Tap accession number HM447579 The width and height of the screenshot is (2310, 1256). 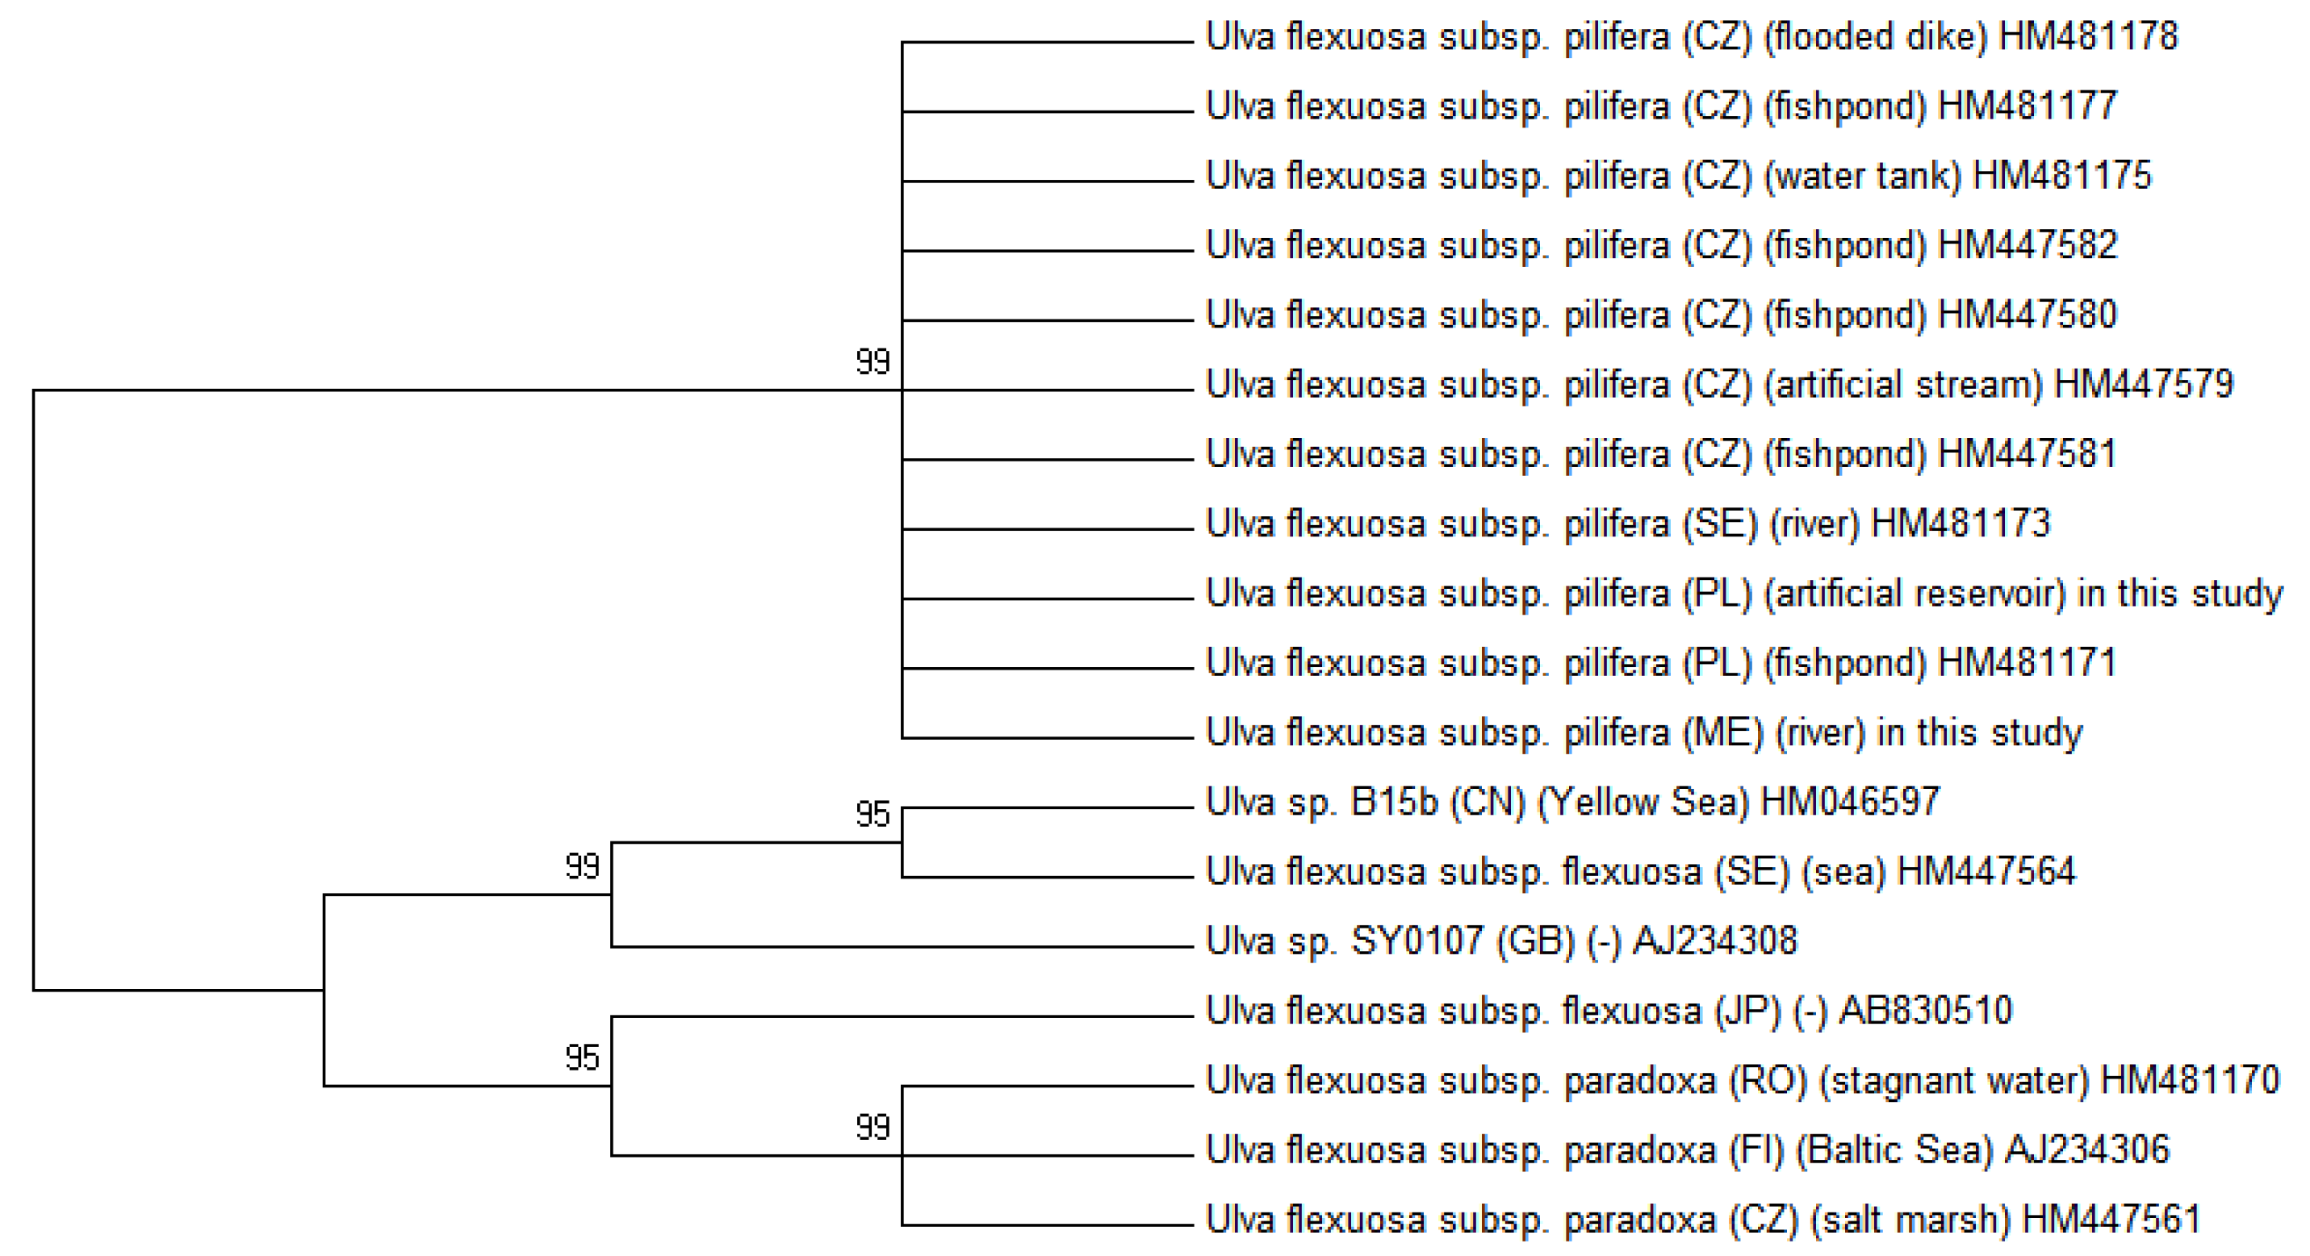pos(2143,385)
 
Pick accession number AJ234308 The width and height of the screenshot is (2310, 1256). pos(1714,941)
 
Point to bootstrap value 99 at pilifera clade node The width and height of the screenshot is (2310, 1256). pos(873,362)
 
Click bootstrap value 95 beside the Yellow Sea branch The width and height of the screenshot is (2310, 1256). pos(873,815)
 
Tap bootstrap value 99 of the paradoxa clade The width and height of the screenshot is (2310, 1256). pos(873,1127)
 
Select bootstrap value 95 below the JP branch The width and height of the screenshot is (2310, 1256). pos(582,1058)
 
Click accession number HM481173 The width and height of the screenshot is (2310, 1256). pos(1961,524)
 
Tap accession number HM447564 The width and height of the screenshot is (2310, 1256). pos(1986,871)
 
